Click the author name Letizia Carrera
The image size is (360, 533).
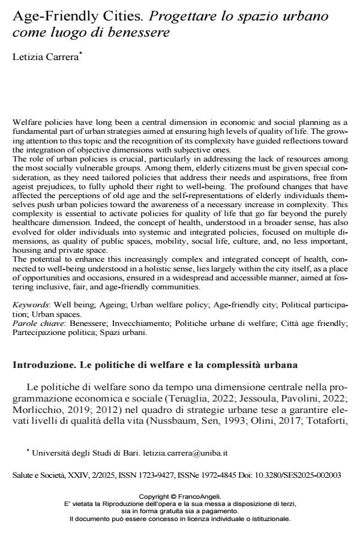(41, 57)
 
